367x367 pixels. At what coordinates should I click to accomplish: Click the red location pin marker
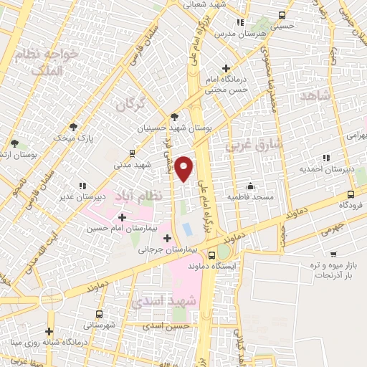click(184, 167)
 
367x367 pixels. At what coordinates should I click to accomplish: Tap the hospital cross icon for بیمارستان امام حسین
click(122, 217)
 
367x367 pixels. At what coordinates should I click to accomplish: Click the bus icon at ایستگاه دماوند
click(211, 254)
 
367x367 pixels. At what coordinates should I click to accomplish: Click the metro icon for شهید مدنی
click(131, 153)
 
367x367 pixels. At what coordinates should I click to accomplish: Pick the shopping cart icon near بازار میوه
click(333, 254)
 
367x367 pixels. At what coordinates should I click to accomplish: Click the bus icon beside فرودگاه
click(351, 194)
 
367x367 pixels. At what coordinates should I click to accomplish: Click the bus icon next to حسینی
click(281, 14)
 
